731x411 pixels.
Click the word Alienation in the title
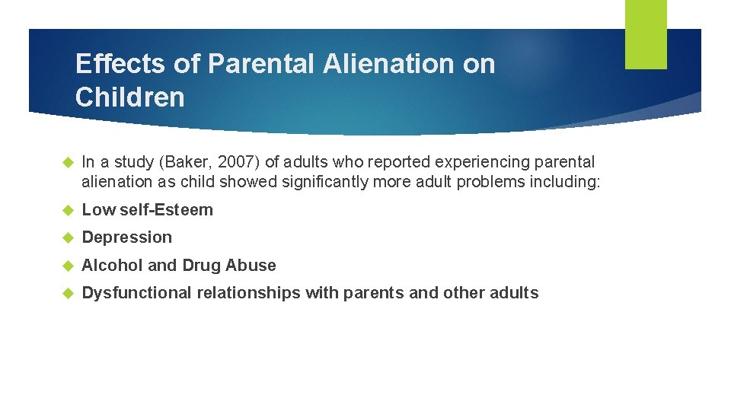[x=388, y=64]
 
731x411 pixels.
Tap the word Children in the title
[x=130, y=97]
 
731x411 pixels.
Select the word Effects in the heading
[x=121, y=64]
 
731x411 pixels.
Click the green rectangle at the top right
[x=646, y=33]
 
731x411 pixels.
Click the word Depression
[x=127, y=237]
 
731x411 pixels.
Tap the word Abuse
[x=252, y=266]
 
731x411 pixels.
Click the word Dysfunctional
[x=136, y=293]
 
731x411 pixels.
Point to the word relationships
[x=249, y=293]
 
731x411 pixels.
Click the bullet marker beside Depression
[x=66, y=238]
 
